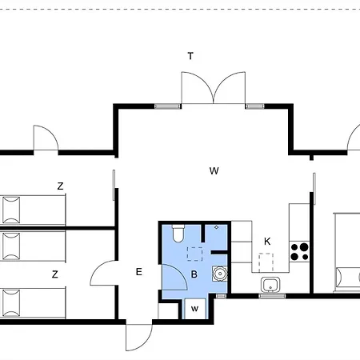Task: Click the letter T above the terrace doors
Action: [190, 56]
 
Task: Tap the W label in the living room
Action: [214, 170]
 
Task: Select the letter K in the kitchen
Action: [267, 242]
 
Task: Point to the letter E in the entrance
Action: [139, 272]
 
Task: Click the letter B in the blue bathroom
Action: [194, 274]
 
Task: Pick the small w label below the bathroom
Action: [194, 309]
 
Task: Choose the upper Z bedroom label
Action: [61, 186]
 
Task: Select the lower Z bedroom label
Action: [55, 274]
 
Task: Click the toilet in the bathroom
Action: [178, 234]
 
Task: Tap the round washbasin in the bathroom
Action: [220, 274]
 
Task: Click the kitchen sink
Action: [270, 285]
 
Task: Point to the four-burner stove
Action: [299, 251]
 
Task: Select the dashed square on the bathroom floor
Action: [194, 254]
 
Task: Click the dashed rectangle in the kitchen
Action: [266, 262]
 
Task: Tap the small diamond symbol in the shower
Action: [217, 227]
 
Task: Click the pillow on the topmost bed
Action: [11, 210]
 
